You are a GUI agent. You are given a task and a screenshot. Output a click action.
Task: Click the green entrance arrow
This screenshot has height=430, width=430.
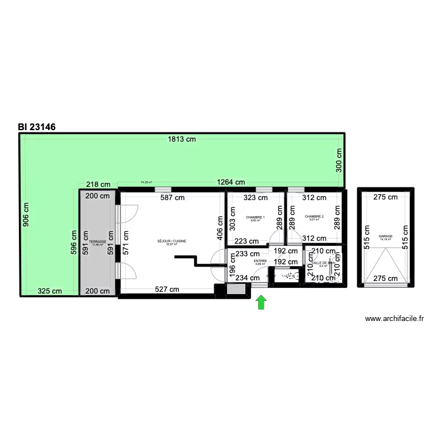261,302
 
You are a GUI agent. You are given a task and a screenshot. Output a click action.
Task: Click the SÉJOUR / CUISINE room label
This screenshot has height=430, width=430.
171,241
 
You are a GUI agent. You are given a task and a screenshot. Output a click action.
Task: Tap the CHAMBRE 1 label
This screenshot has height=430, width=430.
255,217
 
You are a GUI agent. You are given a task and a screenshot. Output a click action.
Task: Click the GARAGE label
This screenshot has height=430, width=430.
385,236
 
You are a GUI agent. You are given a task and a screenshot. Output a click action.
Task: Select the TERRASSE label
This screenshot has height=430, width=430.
97,242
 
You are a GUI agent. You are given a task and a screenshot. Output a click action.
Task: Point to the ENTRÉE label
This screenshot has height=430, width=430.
260,261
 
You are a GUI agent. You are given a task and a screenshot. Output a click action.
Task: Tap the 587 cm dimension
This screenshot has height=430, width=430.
171,198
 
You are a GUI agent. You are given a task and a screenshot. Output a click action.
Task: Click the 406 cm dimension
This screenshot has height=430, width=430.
218,228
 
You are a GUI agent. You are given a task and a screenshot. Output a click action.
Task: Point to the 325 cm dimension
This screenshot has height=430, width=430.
50,291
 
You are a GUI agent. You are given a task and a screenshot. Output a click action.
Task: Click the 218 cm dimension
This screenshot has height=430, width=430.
97,184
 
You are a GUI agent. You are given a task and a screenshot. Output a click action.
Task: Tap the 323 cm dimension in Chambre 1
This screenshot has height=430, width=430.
256,198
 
